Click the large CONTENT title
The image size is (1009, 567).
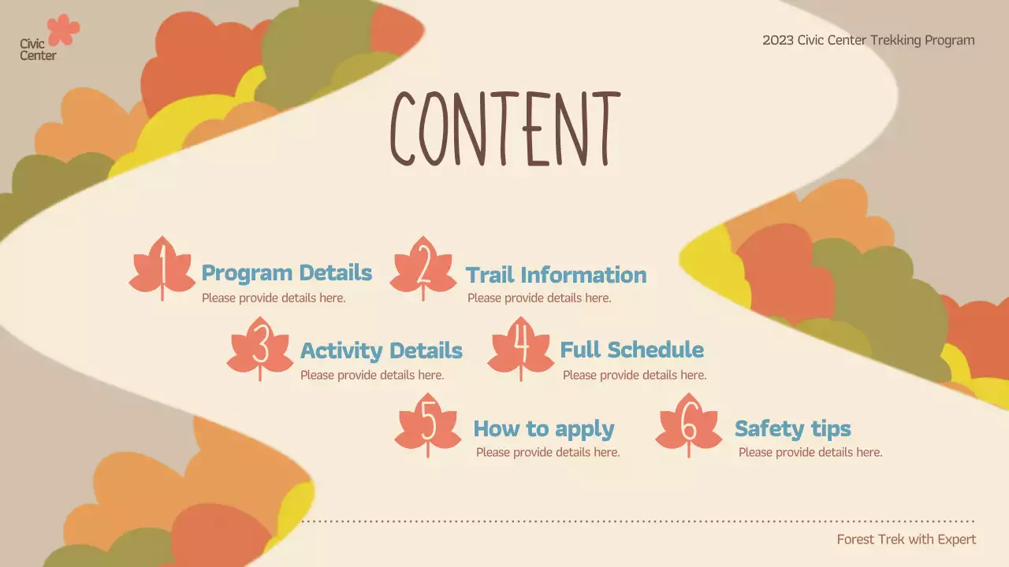(x=504, y=128)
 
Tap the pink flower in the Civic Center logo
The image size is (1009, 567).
(x=63, y=30)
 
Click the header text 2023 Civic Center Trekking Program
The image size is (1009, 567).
(x=868, y=40)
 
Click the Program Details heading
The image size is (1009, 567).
(x=286, y=273)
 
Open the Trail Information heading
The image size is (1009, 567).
(x=556, y=275)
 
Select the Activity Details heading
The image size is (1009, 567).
(x=381, y=350)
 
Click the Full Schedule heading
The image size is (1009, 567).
(x=631, y=350)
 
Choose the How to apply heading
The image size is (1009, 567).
(x=543, y=429)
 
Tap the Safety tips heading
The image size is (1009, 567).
(x=792, y=429)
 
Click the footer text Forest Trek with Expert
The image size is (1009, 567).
(x=906, y=539)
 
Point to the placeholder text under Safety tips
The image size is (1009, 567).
(x=810, y=452)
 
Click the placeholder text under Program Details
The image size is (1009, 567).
(x=274, y=298)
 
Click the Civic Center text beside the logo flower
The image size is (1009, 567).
(x=38, y=50)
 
